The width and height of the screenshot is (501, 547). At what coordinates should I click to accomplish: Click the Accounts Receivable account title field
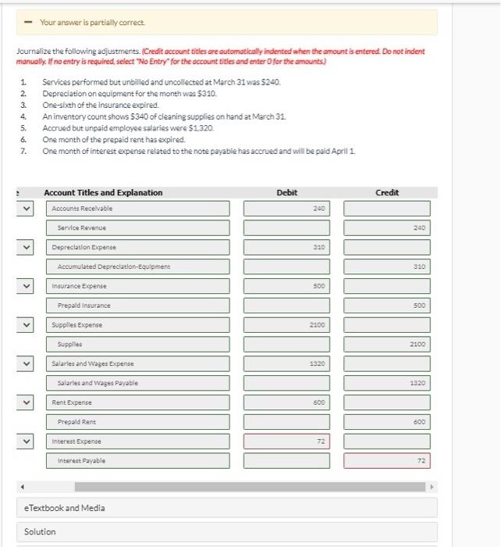point(140,209)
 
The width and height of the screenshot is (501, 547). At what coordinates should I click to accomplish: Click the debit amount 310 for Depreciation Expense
point(286,247)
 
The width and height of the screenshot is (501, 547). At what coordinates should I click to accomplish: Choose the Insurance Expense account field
point(140,286)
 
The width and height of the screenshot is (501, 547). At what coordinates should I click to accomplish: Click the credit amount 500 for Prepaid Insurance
point(387,306)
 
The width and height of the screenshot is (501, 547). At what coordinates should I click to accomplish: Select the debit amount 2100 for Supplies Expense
point(286,324)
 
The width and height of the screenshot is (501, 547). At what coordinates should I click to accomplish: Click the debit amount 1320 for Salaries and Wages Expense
point(286,363)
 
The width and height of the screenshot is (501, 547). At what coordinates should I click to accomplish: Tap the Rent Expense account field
point(140,402)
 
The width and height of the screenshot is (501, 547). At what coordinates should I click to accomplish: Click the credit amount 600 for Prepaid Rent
point(387,422)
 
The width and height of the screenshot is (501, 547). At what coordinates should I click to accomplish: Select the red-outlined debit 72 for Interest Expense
point(286,442)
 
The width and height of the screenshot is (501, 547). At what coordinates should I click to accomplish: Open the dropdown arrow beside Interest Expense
point(28,442)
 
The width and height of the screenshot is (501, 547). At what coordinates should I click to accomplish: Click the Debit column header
point(286,192)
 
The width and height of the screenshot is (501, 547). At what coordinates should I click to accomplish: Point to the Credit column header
point(387,192)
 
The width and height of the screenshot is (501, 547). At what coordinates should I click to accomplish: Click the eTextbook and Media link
point(64,508)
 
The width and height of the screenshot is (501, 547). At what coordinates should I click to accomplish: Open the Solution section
point(41,532)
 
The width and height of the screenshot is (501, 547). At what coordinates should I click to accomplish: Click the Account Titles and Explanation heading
point(103,192)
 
